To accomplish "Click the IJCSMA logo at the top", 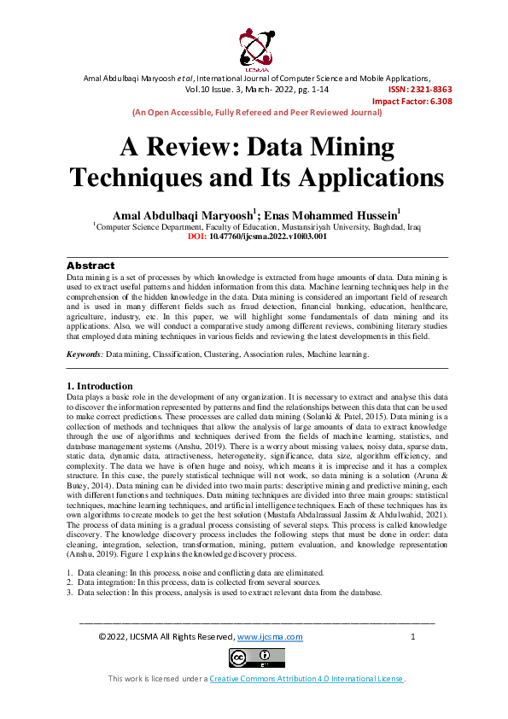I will point(254,46).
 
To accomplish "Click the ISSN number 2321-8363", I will point(420,89).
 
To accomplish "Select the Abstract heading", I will point(91,266).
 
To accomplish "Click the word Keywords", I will point(85,354).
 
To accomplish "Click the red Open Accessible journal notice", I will point(256,112).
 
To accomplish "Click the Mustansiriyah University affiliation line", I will point(257,226).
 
